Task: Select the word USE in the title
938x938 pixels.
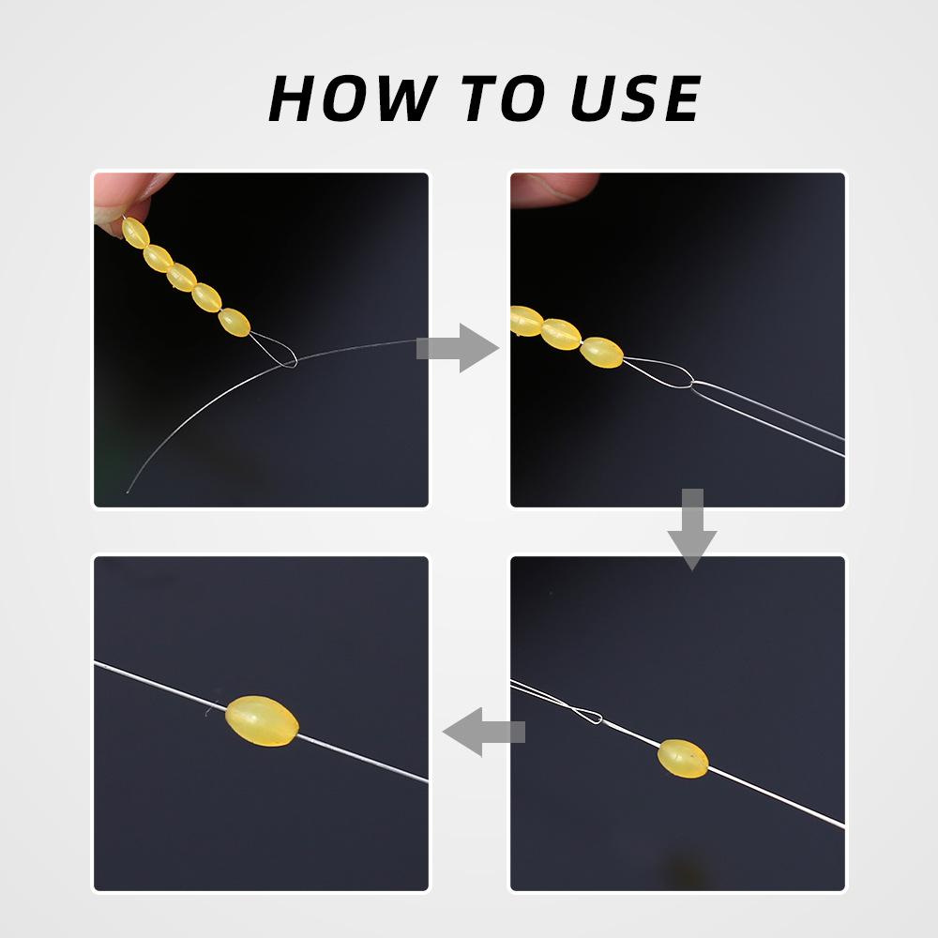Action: click(x=635, y=98)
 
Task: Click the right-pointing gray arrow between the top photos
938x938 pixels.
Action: click(x=458, y=348)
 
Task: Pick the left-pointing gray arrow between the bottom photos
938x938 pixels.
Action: click(x=484, y=732)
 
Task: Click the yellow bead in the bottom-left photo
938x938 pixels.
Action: click(x=262, y=720)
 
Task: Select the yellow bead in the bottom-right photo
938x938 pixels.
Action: click(x=683, y=759)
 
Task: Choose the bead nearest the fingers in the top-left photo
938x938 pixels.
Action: click(x=135, y=233)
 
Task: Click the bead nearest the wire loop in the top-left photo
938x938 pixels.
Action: click(x=234, y=323)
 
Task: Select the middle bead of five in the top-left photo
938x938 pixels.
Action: click(x=181, y=278)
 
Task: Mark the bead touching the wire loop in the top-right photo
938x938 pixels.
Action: click(x=602, y=353)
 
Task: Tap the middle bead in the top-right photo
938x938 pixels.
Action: click(x=561, y=335)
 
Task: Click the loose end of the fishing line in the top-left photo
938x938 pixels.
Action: click(x=128, y=492)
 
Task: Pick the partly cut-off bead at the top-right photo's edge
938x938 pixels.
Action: click(x=526, y=321)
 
